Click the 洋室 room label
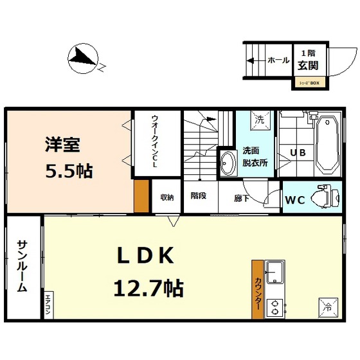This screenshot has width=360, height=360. point(62,145)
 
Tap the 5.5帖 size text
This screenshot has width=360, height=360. point(68,171)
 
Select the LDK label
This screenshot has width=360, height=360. point(145,256)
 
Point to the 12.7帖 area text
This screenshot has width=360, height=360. point(148,287)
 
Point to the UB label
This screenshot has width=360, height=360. point(298,153)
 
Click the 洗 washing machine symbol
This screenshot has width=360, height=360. point(260,119)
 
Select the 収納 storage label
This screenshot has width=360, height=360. point(167,197)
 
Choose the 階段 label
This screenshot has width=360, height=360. point(198,195)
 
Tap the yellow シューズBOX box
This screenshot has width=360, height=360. point(309,82)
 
